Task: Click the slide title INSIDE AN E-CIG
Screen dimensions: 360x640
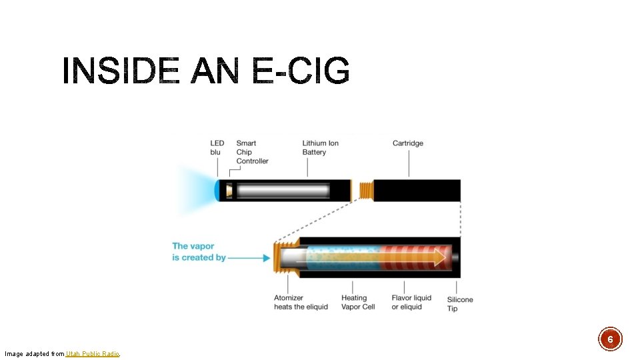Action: [206, 71]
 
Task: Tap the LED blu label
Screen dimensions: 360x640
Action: [217, 147]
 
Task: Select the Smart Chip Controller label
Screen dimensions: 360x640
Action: [252, 152]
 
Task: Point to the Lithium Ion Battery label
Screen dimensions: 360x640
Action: [320, 147]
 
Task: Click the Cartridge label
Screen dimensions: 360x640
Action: [407, 143]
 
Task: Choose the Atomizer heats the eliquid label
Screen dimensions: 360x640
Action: [301, 302]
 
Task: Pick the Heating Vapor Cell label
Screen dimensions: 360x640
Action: [358, 302]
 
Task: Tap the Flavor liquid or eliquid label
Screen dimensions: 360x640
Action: [411, 302]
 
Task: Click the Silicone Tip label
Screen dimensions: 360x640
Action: [460, 304]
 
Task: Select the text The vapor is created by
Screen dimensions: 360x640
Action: [199, 251]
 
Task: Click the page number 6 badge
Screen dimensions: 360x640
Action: [610, 339]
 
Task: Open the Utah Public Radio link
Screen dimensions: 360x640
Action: [93, 353]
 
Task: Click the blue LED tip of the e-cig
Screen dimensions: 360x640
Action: [217, 191]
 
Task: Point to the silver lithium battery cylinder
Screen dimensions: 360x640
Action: [283, 191]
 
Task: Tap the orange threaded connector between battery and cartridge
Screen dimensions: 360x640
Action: [364, 191]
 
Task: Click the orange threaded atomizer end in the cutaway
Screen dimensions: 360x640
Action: [279, 257]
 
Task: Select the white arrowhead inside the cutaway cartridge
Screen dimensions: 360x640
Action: [439, 257]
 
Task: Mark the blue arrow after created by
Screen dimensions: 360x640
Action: [249, 257]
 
